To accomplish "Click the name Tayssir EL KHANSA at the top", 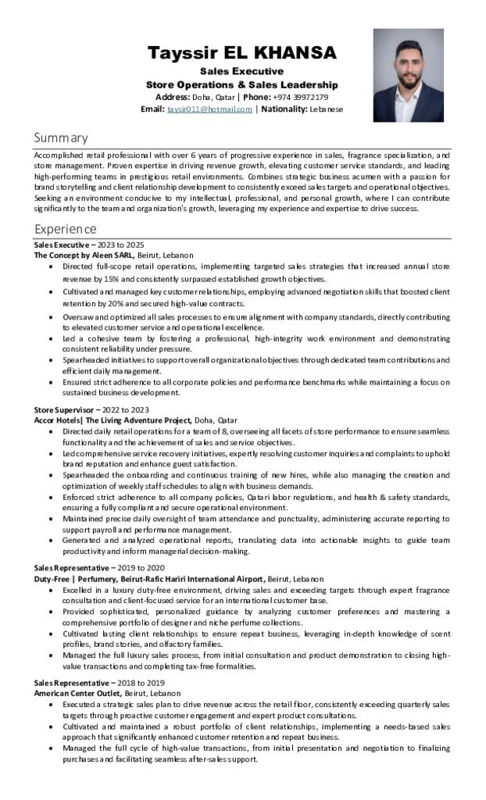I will click(x=242, y=53).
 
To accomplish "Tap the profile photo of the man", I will click(x=408, y=75).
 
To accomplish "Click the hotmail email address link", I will click(x=209, y=109).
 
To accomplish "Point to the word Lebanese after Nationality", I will click(x=326, y=109).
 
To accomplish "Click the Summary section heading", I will click(x=61, y=137).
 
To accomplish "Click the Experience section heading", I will click(x=65, y=229).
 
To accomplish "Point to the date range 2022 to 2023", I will click(x=126, y=409).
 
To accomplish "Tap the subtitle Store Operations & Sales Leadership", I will click(x=242, y=84).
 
